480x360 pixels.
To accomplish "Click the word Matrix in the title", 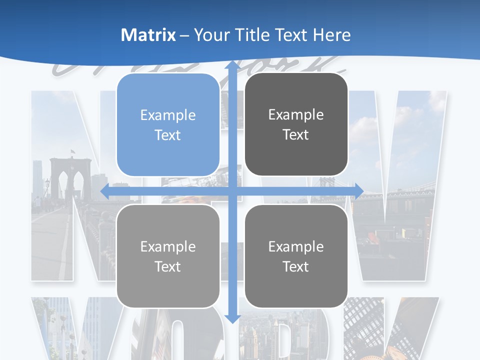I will click(148, 35).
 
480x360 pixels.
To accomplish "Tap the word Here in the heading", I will click(332, 35).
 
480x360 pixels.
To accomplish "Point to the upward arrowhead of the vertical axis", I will click(232, 65).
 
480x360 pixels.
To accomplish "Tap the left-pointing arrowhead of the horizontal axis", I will click(105, 191).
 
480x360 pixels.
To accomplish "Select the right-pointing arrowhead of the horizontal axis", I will click(358, 191).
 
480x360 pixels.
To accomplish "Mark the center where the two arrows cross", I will click(232, 191).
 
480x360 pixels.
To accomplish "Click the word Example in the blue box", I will click(168, 115).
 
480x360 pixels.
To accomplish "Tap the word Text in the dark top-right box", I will click(296, 135).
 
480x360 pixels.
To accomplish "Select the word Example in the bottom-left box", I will click(168, 247).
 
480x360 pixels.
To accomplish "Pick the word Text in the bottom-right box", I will click(296, 266).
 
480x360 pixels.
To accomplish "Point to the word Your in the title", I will click(209, 35).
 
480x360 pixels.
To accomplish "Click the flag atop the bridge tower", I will click(73, 151).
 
